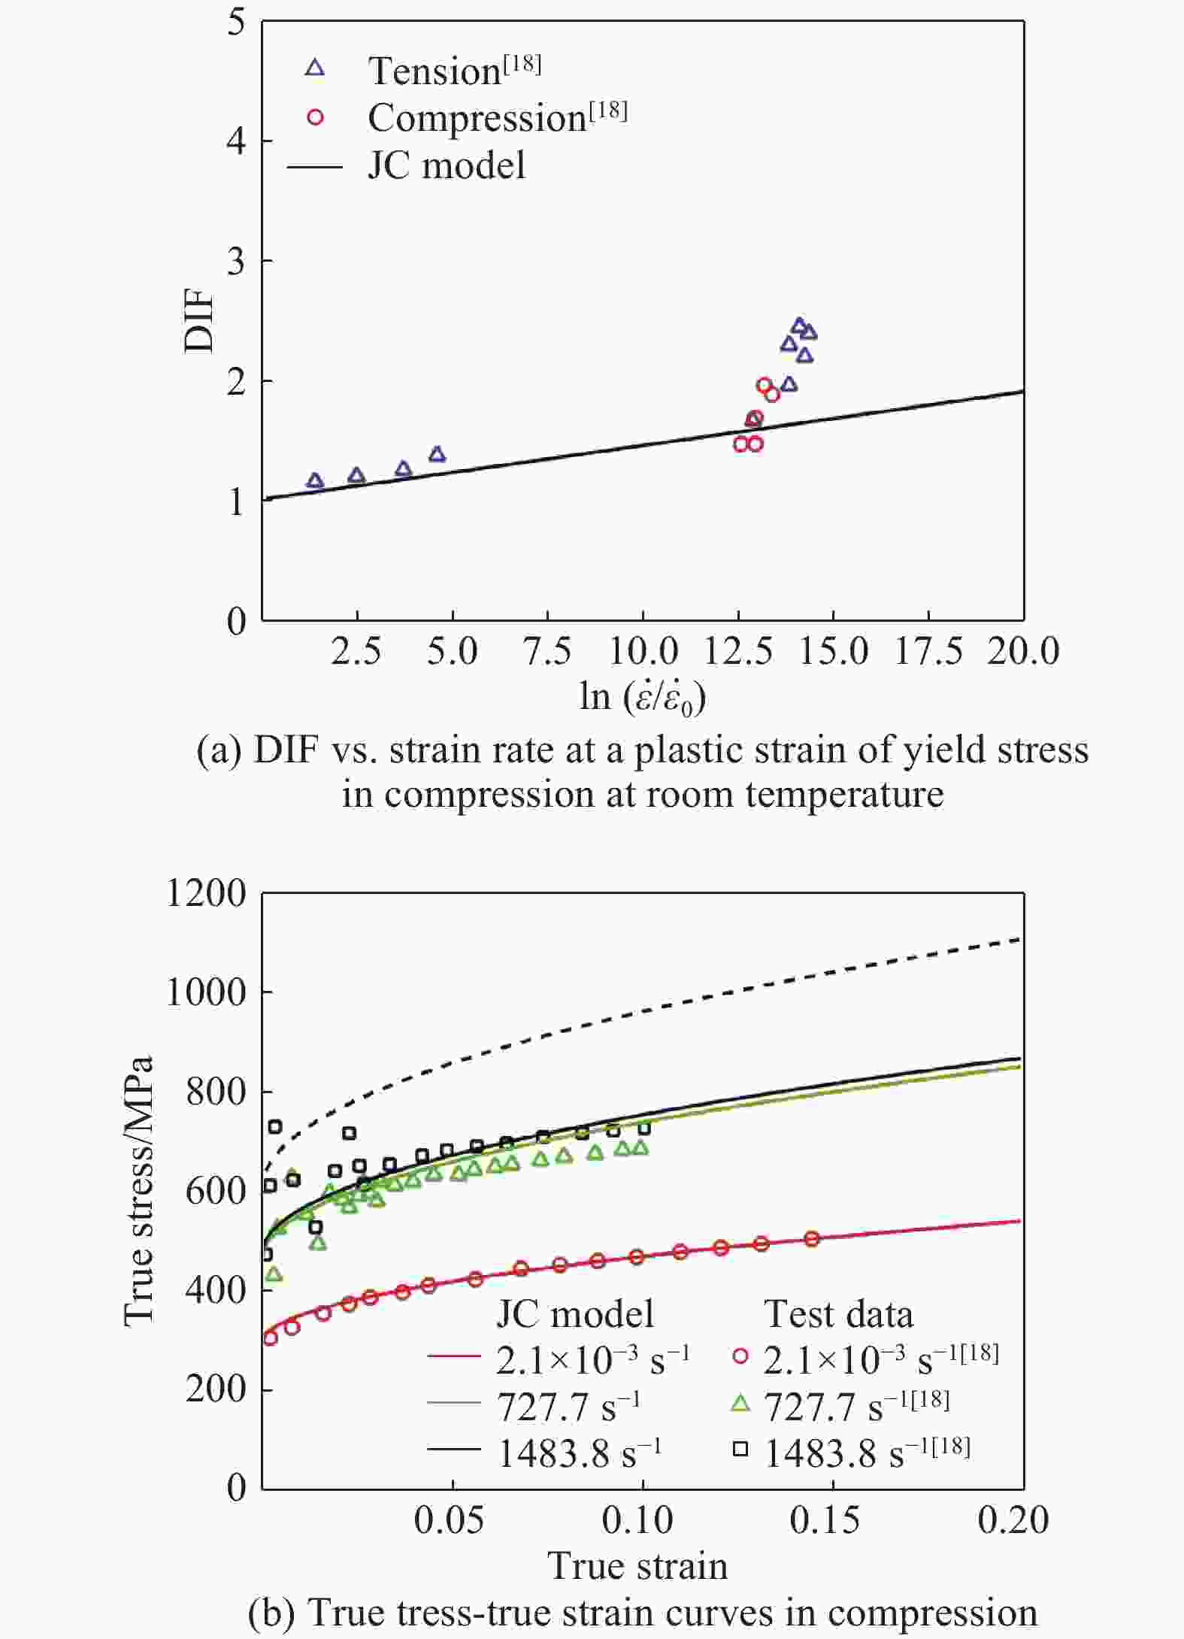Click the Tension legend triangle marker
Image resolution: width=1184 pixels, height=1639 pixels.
click(x=316, y=68)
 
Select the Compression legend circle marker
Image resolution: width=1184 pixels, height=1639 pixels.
click(x=316, y=117)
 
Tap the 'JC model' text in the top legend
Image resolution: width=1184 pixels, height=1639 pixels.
click(x=446, y=165)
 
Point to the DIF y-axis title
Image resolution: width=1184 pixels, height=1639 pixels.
click(x=200, y=322)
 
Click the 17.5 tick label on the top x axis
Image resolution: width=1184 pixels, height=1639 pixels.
click(x=928, y=651)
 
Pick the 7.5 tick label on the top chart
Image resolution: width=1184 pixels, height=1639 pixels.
click(x=547, y=651)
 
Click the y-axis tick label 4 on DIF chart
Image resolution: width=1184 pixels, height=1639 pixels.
click(x=236, y=141)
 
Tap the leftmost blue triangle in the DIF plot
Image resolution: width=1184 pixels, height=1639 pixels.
click(x=316, y=481)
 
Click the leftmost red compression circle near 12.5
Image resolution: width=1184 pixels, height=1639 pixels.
click(x=741, y=444)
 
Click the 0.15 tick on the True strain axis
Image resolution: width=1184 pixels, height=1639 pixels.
click(x=825, y=1519)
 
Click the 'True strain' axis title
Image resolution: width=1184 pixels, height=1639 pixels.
click(x=637, y=1566)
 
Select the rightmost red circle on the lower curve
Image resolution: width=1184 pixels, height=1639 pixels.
click(x=812, y=1239)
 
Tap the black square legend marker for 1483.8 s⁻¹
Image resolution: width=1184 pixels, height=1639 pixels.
click(x=741, y=1450)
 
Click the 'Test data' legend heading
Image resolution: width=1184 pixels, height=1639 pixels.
click(x=838, y=1314)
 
